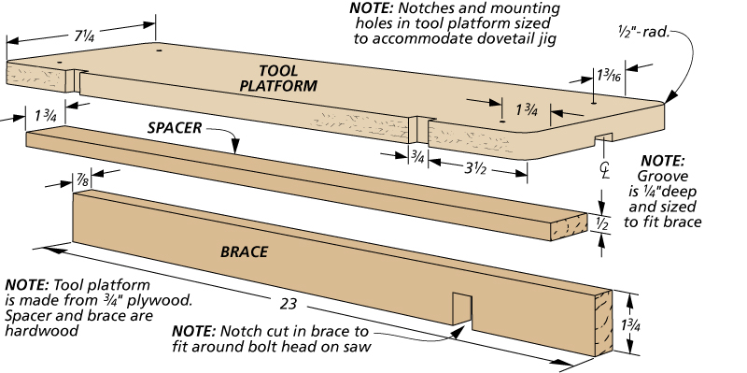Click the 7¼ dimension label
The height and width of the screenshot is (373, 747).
click(85, 36)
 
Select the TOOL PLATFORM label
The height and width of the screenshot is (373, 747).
click(278, 79)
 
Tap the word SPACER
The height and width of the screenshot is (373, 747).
click(175, 128)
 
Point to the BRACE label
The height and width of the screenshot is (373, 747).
click(244, 251)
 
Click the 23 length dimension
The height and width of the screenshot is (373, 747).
click(289, 304)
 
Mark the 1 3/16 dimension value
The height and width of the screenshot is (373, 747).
click(609, 76)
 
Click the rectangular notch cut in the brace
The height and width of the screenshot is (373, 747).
click(462, 309)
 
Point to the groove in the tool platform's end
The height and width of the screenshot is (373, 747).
click(603, 137)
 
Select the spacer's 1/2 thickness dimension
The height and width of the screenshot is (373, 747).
click(602, 224)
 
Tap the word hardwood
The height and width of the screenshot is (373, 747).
click(41, 330)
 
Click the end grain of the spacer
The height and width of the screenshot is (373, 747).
click(570, 226)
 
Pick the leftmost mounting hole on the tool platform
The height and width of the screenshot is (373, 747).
click(60, 62)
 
